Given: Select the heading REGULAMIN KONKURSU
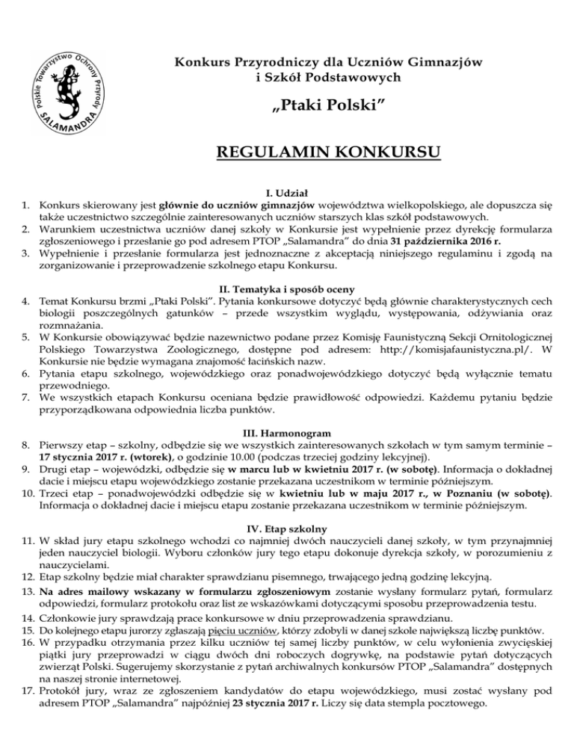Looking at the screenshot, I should coord(327,154).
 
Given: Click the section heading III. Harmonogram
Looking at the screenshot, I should coord(287,431).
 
